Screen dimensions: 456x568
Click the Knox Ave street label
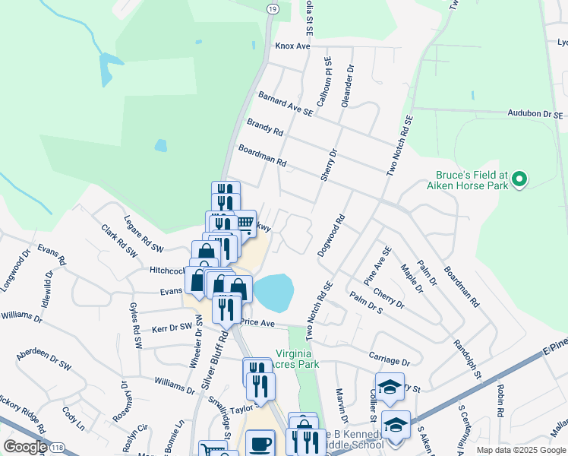coord(292,46)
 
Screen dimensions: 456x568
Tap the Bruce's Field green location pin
coord(519,180)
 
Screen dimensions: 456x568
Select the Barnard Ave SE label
coord(286,105)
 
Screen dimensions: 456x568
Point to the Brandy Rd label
coord(265,126)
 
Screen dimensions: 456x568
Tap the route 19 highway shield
coord(272,8)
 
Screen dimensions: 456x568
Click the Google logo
coord(25,447)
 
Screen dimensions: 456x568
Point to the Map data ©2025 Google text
coord(520,450)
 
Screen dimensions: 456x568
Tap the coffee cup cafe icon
coord(260,443)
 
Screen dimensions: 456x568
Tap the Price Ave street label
coord(257,322)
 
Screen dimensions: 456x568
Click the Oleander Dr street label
coord(349,85)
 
